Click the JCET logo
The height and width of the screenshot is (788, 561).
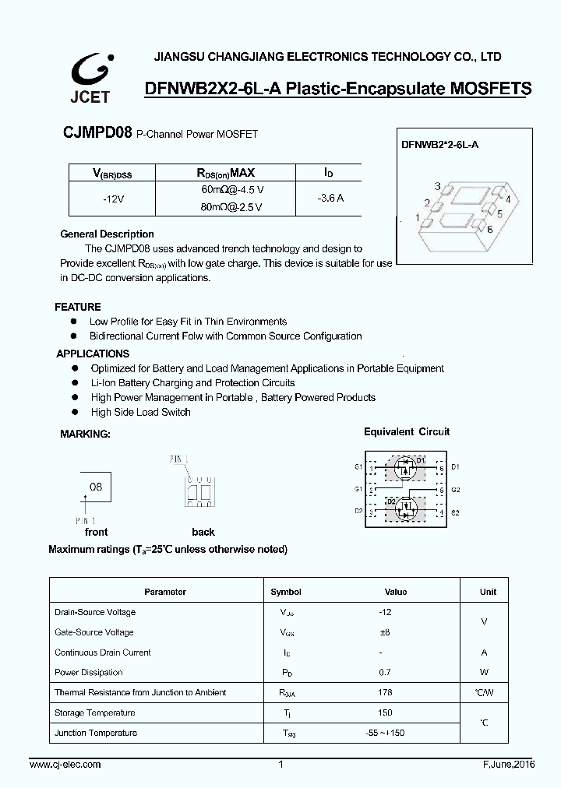coord(92,78)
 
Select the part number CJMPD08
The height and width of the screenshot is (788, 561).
coord(97,133)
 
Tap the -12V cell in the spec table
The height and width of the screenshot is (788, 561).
coord(114,199)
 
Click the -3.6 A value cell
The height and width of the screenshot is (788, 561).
coord(330,199)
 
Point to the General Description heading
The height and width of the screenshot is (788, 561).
coord(107,234)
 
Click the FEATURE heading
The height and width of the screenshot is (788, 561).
coord(78,307)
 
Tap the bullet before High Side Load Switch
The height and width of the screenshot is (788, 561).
coord(74,413)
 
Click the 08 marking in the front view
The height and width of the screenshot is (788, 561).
coord(96,487)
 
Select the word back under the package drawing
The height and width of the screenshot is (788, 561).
coord(203,533)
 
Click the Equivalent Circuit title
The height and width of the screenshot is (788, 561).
coord(407,432)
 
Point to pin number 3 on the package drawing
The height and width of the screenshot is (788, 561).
coord(438,187)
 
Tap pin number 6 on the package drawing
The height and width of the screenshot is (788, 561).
coord(489,229)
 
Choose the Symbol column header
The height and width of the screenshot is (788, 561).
coord(286,592)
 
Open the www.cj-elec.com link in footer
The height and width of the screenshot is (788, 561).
coord(67,765)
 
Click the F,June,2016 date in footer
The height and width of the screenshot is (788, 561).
coord(503,765)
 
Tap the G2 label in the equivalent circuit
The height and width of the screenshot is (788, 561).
coord(455,490)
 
